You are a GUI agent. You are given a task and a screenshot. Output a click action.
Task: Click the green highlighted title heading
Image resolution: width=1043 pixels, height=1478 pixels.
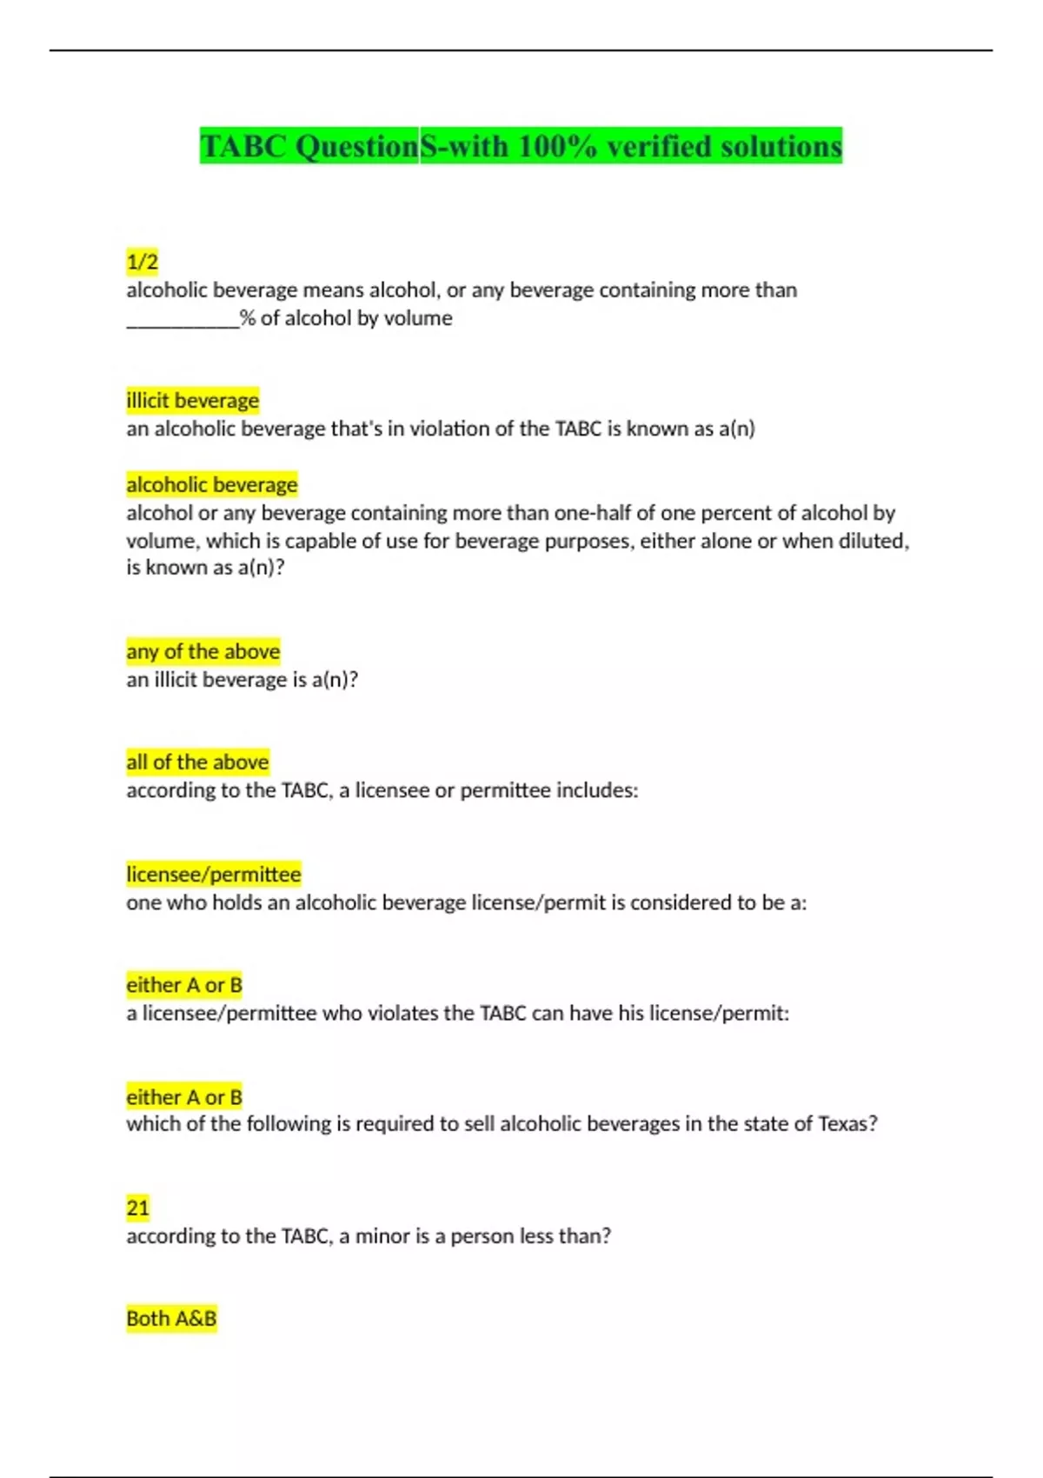click(521, 146)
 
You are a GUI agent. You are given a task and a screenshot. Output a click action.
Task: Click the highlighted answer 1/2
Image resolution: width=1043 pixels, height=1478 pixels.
click(143, 262)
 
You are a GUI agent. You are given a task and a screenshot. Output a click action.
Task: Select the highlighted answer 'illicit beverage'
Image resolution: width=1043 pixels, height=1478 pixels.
click(192, 401)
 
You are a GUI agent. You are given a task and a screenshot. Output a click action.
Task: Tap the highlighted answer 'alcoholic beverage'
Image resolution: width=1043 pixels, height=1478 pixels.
click(211, 484)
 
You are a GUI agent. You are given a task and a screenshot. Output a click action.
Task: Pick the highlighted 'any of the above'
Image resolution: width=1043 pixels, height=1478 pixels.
click(203, 651)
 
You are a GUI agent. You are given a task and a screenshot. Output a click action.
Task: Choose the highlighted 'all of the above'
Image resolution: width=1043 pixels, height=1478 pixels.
click(197, 762)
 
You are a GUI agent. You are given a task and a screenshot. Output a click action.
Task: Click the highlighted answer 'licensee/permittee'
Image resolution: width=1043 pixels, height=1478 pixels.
click(213, 874)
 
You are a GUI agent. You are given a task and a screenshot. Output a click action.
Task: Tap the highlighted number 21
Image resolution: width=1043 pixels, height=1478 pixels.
click(137, 1208)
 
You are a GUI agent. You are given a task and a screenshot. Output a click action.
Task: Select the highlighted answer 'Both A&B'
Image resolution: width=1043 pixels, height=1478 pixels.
click(171, 1319)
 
